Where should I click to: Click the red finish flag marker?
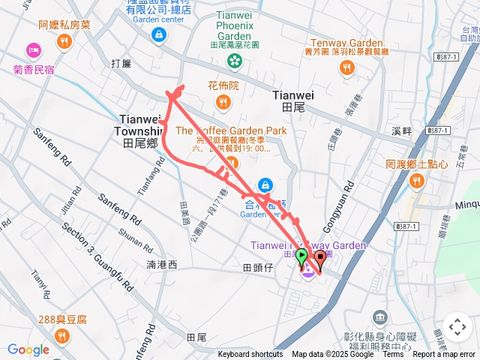321,259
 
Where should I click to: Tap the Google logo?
28,349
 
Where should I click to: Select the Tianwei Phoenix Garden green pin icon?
234,59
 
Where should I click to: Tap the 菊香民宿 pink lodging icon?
33,50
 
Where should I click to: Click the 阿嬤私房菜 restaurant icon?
64,41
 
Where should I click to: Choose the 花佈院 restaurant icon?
223,101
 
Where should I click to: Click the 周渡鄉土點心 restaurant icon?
416,179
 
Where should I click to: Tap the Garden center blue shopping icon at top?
158,34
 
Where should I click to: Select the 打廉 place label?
121,64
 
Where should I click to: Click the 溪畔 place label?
403,131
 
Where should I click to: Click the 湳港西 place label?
162,265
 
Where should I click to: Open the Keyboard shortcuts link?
250,354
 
